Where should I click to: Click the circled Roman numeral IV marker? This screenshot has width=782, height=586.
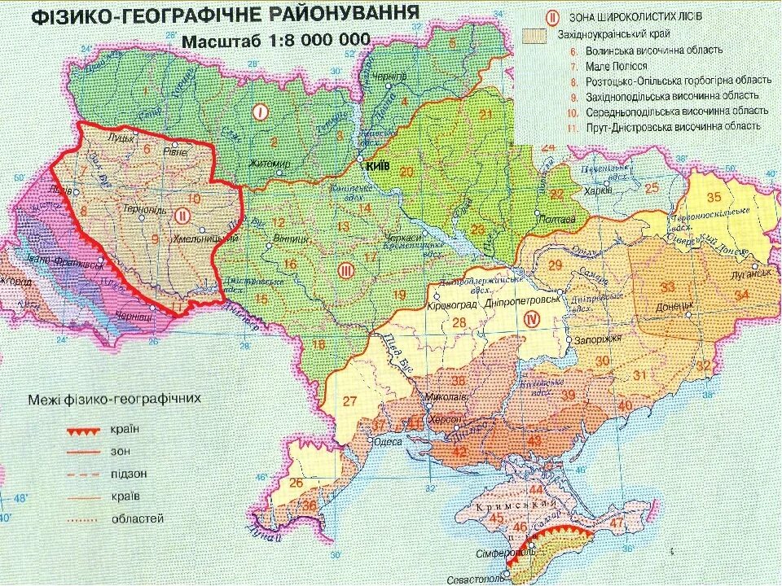[534, 318]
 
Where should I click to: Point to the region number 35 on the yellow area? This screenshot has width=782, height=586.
[714, 196]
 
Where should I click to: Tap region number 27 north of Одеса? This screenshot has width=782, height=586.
[350, 400]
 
